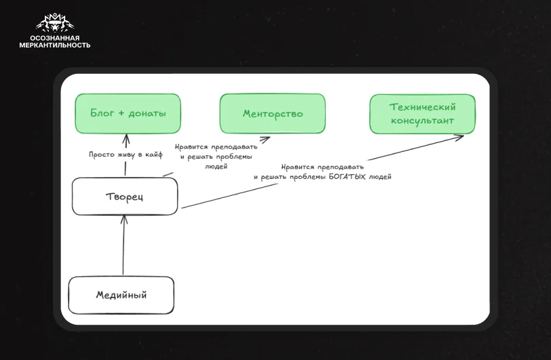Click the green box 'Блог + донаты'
point(128,113)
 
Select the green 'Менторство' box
point(272,113)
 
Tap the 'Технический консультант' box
point(422,114)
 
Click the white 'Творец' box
point(125,197)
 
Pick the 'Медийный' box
point(121,295)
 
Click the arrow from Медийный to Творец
point(123,245)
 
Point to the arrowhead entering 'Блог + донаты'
point(126,139)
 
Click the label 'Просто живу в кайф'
point(126,155)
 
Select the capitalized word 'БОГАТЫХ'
point(347,177)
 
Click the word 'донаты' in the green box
point(147,113)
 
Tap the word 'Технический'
point(422,106)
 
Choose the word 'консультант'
point(422,121)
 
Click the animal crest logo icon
point(55,23)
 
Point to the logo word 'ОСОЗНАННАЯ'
point(55,38)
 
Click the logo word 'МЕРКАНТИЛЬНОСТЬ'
point(55,45)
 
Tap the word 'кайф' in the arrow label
point(154,155)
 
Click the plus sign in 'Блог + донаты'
point(121,113)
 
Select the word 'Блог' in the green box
point(102,113)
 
